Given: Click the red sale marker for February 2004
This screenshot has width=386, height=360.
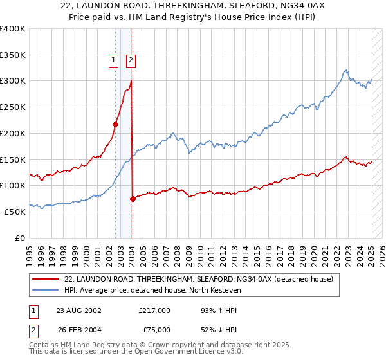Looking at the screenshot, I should point(133,199).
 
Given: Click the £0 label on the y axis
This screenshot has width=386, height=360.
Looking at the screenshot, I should point(21,238).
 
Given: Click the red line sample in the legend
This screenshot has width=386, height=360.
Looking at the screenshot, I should point(45,279).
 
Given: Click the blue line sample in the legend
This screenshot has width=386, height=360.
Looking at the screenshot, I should point(45,290).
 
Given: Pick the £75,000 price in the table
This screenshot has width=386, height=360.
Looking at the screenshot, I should point(154,330).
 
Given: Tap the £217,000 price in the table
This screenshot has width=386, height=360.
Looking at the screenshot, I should point(154,310).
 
